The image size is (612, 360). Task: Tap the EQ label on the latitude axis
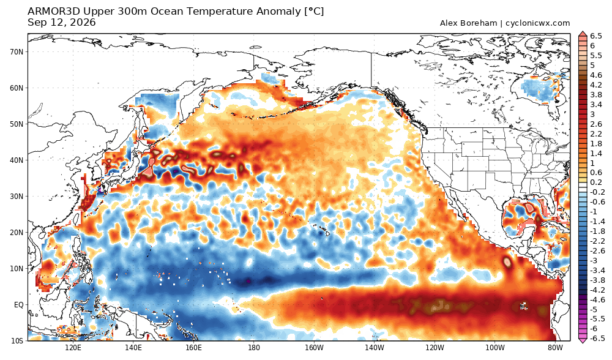click(19, 304)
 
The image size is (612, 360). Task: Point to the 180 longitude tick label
click(254, 348)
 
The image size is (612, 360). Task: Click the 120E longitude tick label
click(73, 348)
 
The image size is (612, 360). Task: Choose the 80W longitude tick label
click(555, 348)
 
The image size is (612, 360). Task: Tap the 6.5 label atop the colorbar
click(596, 36)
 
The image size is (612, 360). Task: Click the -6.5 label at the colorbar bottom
click(597, 338)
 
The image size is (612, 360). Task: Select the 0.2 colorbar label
click(596, 182)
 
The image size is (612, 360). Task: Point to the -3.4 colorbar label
click(597, 270)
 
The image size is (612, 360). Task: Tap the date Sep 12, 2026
click(62, 22)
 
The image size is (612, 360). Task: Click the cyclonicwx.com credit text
click(537, 23)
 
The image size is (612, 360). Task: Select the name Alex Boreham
click(468, 23)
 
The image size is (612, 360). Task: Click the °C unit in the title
click(314, 11)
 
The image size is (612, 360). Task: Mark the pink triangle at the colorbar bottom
click(583, 340)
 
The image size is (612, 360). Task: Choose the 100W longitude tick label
click(495, 348)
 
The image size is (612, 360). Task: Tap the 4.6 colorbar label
click(596, 75)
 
